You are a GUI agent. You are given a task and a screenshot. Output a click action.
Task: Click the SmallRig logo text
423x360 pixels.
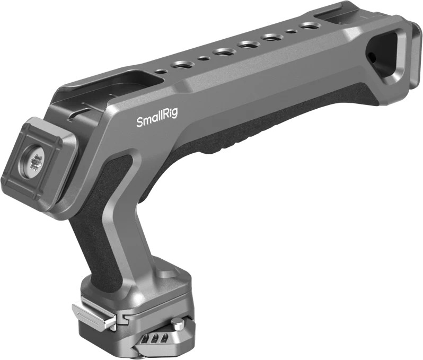pyautogui.click(x=157, y=118)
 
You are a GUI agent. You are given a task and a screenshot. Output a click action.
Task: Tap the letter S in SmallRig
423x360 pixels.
pyautogui.click(x=140, y=122)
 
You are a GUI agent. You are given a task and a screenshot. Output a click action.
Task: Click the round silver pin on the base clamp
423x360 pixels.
pyautogui.click(x=178, y=323)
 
